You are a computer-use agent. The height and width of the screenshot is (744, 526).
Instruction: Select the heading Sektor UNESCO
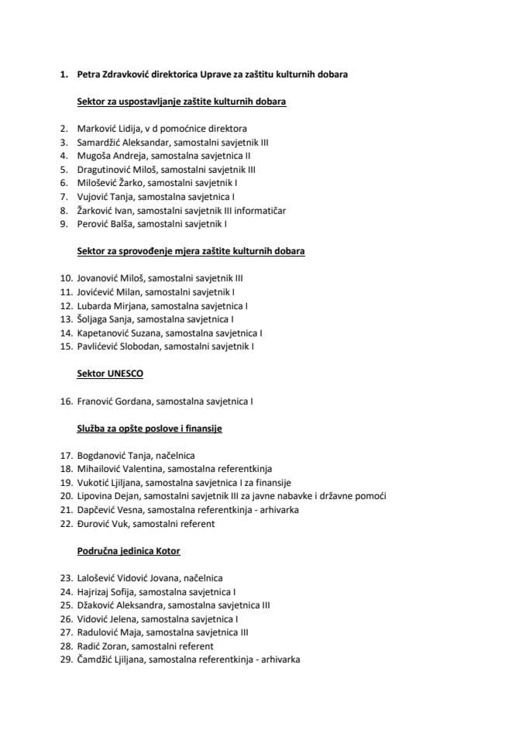(x=110, y=374)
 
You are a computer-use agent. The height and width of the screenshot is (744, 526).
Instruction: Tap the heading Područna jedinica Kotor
(x=129, y=551)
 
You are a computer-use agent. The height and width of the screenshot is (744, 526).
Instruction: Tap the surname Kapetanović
(x=105, y=332)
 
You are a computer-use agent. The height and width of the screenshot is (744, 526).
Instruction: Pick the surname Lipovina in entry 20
(x=96, y=496)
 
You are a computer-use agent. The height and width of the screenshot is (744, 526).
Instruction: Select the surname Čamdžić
(x=97, y=660)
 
